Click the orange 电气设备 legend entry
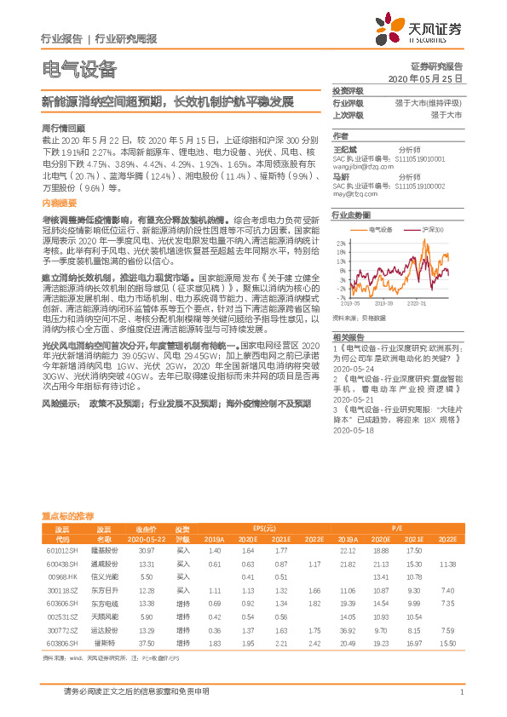378,230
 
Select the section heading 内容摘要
59,204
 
